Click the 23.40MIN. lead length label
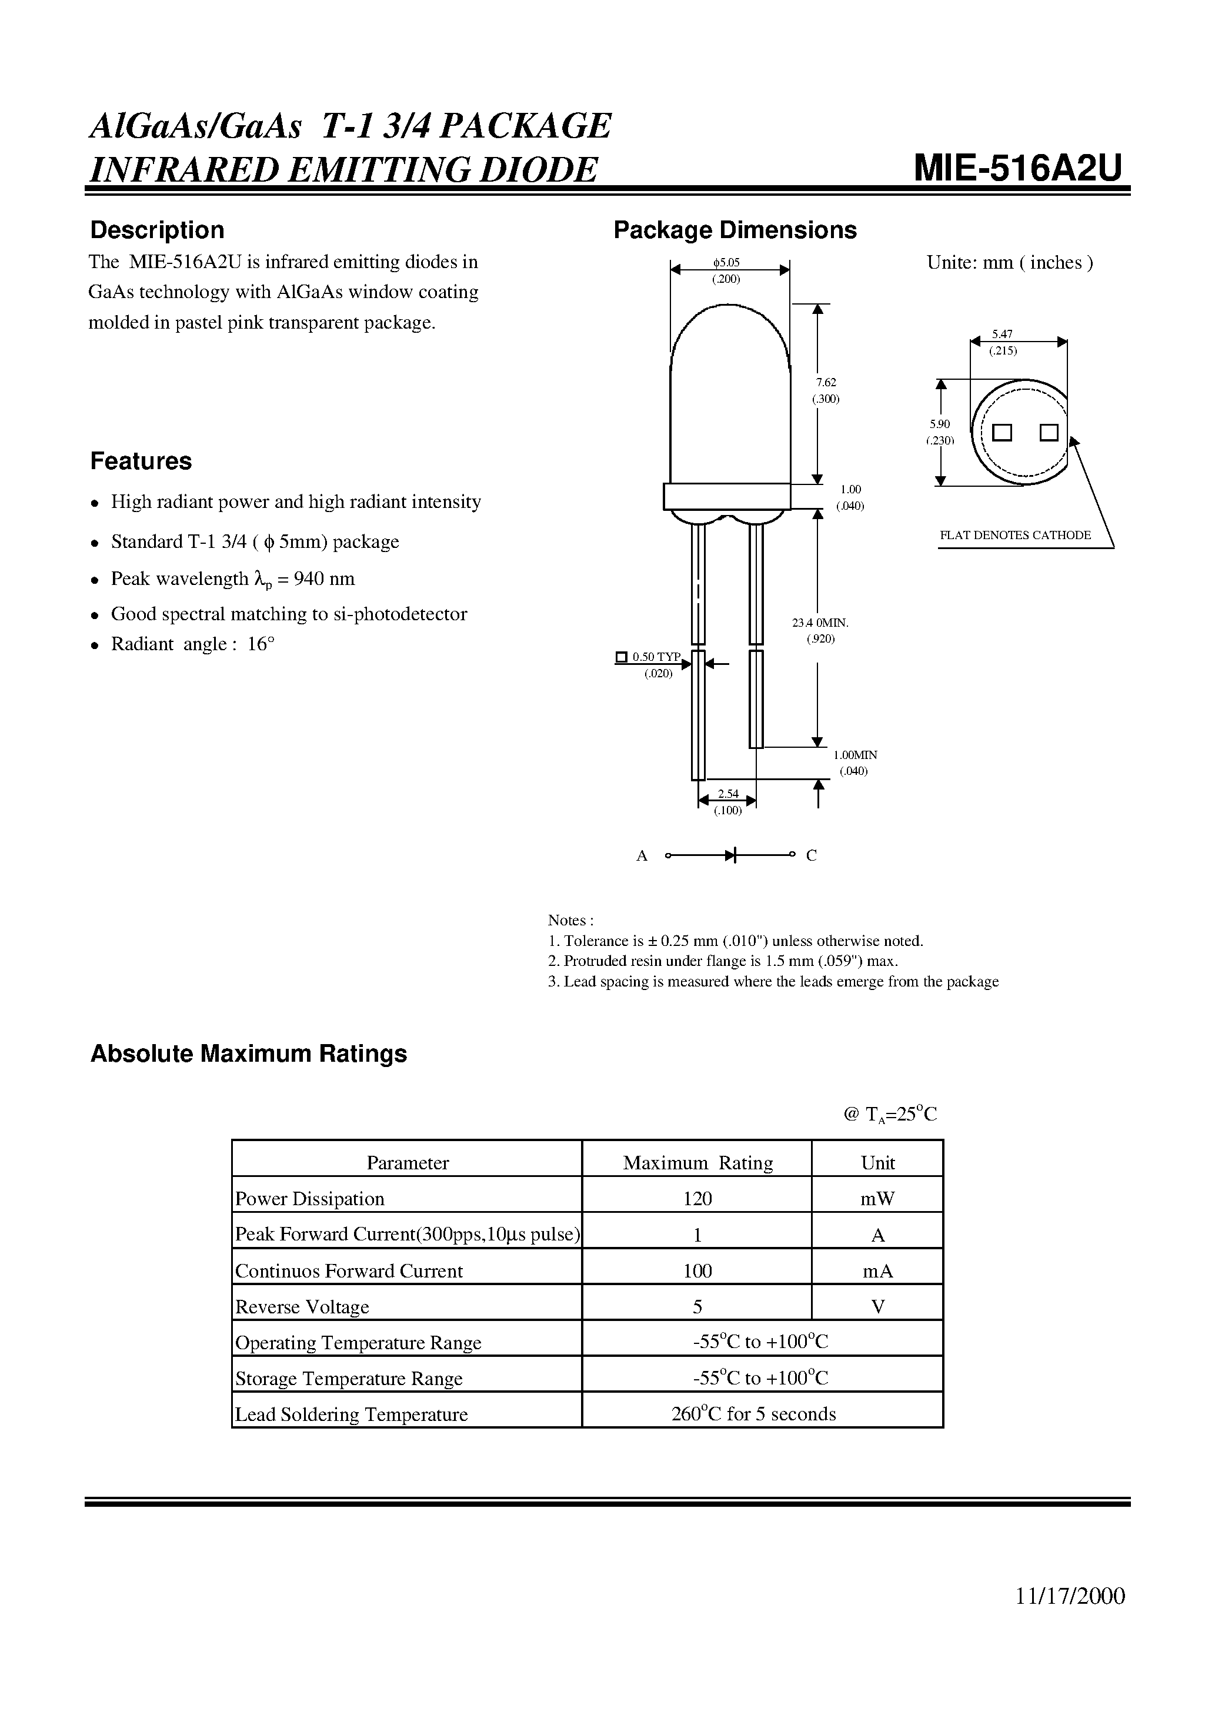[x=820, y=622]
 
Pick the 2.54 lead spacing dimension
[x=727, y=794]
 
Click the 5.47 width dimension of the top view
[x=1002, y=335]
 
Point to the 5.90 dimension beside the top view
[x=939, y=424]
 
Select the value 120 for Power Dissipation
[x=697, y=1199]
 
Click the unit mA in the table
[x=877, y=1270]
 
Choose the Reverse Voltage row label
[x=302, y=1306]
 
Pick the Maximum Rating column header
[x=697, y=1163]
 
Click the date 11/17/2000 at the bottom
[x=1070, y=1617]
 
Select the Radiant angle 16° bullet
[x=192, y=644]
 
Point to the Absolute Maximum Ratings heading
[x=248, y=1054]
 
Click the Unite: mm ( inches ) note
[x=1009, y=263]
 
